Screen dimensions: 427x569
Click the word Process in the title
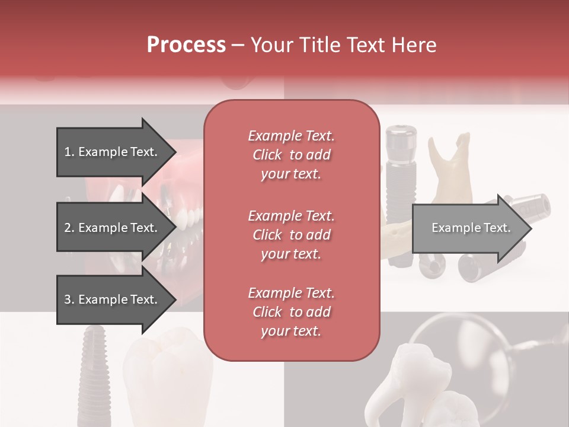(186, 45)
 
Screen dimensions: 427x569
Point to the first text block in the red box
(291, 155)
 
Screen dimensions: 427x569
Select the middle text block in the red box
(291, 235)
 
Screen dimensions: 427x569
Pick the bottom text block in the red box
(291, 312)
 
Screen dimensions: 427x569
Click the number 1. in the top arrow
(69, 152)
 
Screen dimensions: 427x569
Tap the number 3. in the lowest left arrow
(69, 300)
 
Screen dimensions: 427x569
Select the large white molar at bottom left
(169, 380)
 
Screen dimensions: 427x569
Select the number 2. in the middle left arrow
(69, 228)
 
